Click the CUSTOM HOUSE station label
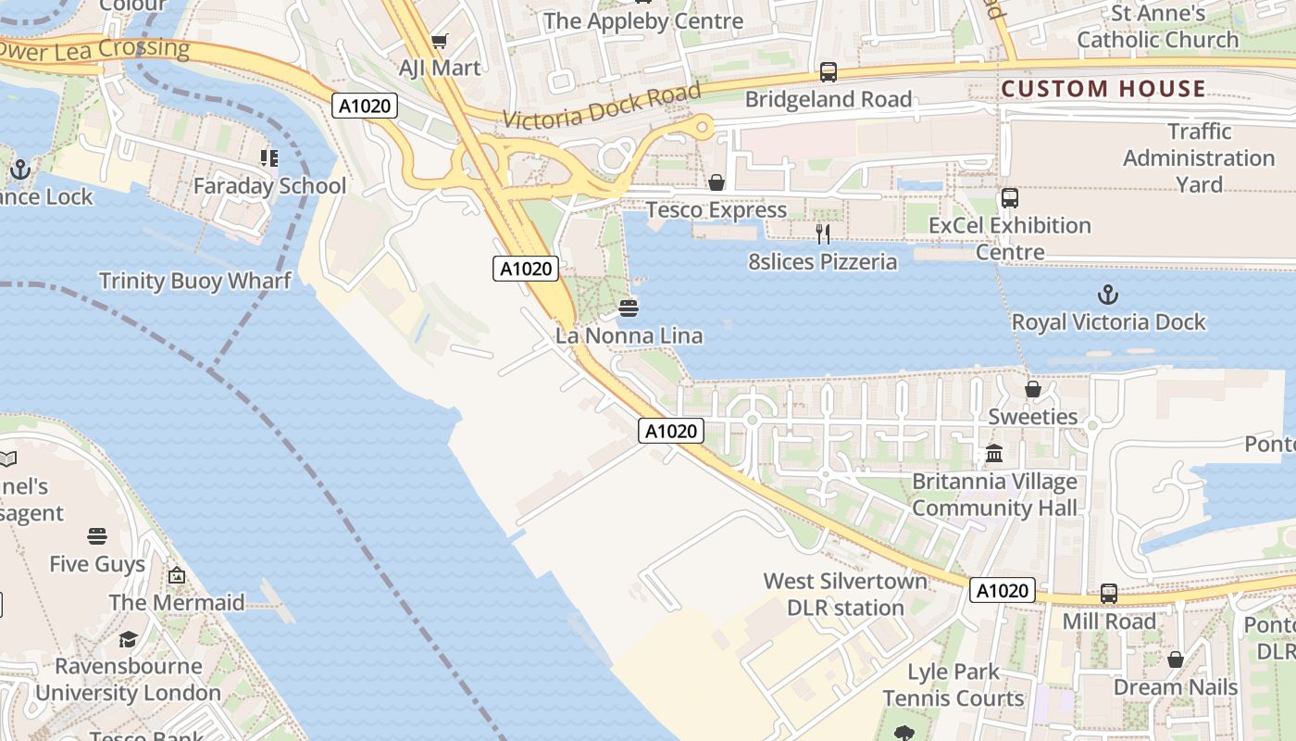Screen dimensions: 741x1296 [x=1103, y=89]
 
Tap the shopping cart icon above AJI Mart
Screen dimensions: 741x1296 [x=440, y=41]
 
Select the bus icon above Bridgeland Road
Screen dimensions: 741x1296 [x=829, y=71]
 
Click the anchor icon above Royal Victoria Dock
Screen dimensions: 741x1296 [x=1108, y=295]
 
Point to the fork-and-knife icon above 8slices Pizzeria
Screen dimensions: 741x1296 [x=822, y=234]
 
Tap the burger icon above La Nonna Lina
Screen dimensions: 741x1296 [x=629, y=308]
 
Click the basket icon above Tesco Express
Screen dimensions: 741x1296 [x=717, y=182]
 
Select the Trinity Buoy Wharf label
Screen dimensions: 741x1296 [x=195, y=281]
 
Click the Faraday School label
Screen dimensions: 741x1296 [x=269, y=186]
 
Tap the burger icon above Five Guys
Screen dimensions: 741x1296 [x=97, y=536]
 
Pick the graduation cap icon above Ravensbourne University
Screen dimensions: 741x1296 [x=128, y=639]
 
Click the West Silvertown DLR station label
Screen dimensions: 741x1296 [x=845, y=595]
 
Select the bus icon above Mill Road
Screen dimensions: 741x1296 [x=1109, y=594]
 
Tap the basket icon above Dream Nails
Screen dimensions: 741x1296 [x=1175, y=659]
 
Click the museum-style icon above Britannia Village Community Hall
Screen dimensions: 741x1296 [x=994, y=454]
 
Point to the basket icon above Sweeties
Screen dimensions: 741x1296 [x=1033, y=389]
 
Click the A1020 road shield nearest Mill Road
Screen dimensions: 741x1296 [x=1003, y=591]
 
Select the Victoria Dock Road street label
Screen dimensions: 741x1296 [x=603, y=106]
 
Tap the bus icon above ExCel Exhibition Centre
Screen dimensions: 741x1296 [x=1010, y=198]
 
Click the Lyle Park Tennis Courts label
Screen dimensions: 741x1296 [x=953, y=684]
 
